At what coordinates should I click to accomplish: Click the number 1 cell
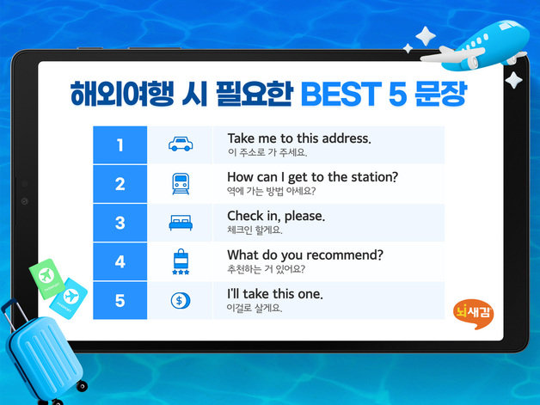point(120,144)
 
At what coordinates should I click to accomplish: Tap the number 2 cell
point(120,184)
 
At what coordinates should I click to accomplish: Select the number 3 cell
point(120,223)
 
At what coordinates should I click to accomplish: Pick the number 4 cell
point(120,261)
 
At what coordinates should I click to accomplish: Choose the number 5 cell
point(120,300)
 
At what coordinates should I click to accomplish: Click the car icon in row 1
point(181,144)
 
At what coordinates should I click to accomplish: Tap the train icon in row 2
point(181,184)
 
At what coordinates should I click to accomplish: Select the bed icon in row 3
point(181,224)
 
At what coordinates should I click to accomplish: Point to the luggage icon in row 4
point(181,261)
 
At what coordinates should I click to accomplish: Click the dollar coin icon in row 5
point(181,300)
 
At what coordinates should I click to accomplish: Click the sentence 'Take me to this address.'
point(298,138)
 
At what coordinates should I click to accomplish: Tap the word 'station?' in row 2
point(371,176)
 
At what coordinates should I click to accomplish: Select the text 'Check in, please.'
point(276,215)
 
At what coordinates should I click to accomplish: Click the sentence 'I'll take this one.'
point(274,294)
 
